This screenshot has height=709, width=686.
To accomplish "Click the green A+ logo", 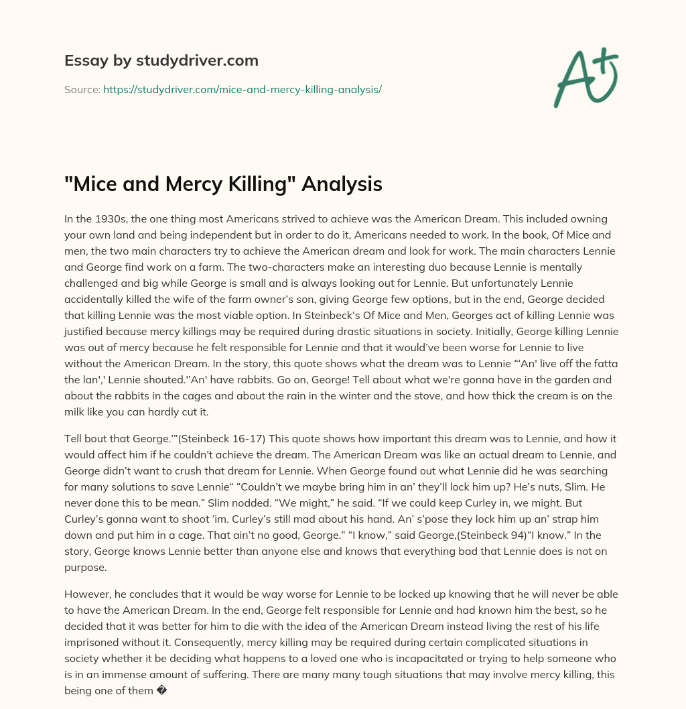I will point(585,77).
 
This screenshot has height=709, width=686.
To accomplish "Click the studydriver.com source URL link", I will point(242,89).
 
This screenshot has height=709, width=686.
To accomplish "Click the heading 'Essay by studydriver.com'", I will point(161,60).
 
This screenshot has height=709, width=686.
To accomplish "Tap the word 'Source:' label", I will point(82,89).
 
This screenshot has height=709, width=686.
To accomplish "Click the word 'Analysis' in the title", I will point(342,183).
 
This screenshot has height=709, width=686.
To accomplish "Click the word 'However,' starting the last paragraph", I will point(88,594).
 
